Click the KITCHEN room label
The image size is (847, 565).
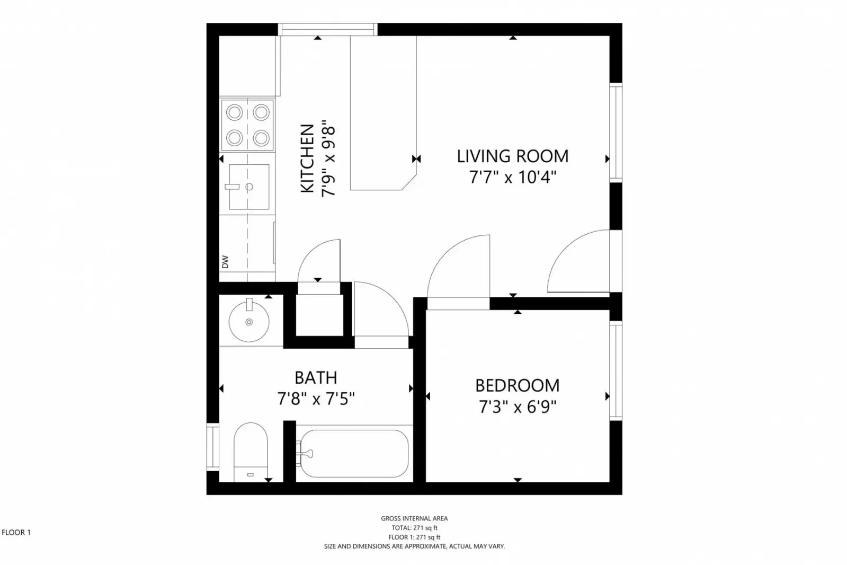tap(307, 158)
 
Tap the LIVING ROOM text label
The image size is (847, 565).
tap(512, 156)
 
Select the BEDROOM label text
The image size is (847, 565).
tap(517, 385)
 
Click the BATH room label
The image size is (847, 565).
tap(316, 377)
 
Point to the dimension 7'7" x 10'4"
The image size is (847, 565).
tap(512, 177)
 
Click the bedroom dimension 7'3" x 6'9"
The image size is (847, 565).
tap(517, 407)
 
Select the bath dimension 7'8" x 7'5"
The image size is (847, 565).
tap(316, 399)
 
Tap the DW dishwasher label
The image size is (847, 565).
tap(225, 261)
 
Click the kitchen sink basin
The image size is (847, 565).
tap(249, 187)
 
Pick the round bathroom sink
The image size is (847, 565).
tap(249, 321)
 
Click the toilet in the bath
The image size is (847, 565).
tap(251, 451)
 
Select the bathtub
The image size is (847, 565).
tap(352, 454)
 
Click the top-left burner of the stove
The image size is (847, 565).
tap(235, 112)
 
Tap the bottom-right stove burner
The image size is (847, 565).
tap(261, 138)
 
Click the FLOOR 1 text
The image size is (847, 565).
tap(16, 532)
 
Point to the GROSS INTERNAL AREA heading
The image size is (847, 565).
tap(414, 518)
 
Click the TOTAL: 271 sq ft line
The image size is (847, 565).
tap(414, 528)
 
